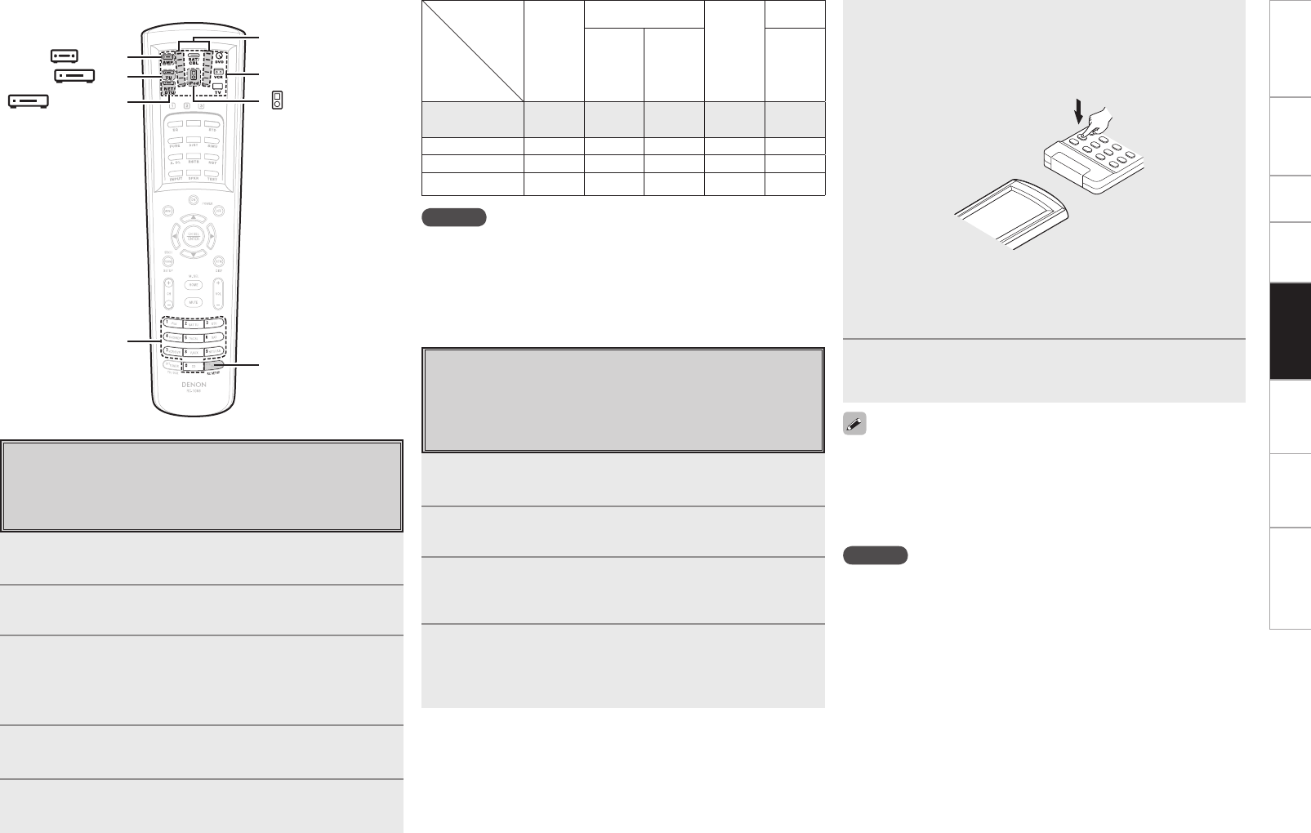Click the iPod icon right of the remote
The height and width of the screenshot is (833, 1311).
[277, 100]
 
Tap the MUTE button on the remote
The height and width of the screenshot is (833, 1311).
[194, 301]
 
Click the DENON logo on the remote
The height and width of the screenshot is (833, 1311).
[194, 384]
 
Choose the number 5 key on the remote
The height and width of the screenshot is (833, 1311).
[194, 337]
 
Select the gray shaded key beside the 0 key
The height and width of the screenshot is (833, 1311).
[214, 365]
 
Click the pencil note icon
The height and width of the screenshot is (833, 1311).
[854, 425]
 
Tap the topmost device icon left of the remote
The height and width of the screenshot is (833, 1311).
[64, 56]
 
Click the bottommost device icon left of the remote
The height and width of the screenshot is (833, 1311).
[28, 101]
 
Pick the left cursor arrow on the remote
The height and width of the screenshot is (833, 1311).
[173, 237]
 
